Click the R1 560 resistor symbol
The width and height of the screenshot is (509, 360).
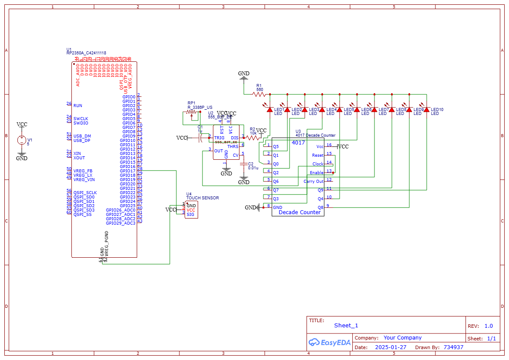(260, 94)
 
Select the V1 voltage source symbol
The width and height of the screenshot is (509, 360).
(21, 140)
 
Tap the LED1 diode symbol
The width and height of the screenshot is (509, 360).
(270, 110)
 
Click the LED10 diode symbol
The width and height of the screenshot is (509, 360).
(426, 110)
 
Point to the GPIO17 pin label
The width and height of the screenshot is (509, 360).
(128, 171)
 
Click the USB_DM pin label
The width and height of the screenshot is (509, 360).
(82, 136)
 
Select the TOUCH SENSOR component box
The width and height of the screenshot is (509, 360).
(191, 210)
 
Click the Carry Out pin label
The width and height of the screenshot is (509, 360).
(313, 182)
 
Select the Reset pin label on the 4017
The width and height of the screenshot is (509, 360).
(318, 155)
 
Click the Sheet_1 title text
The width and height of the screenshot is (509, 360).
(346, 326)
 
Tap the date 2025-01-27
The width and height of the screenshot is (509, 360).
(391, 347)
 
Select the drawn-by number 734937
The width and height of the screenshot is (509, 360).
(453, 347)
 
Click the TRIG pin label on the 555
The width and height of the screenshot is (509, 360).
(219, 138)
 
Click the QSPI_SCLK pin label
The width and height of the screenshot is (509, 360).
(85, 192)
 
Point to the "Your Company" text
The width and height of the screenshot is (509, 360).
(402, 338)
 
